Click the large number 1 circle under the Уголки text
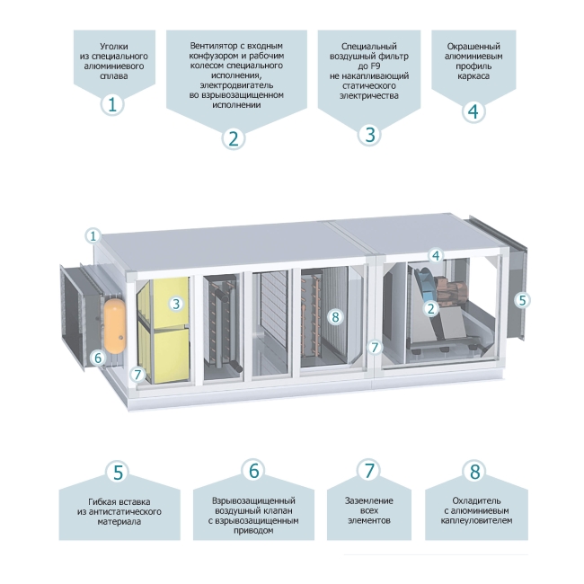pyautogui.click(x=112, y=104)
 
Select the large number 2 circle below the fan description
pyautogui.click(x=234, y=138)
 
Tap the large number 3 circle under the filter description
pyautogui.click(x=369, y=134)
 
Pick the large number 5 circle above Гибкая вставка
pyautogui.click(x=118, y=472)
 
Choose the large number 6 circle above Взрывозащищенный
pyautogui.click(x=253, y=470)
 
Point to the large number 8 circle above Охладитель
pyautogui.click(x=474, y=471)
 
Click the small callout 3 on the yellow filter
pyautogui.click(x=176, y=304)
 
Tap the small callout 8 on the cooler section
pyautogui.click(x=335, y=316)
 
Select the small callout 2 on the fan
pyautogui.click(x=431, y=308)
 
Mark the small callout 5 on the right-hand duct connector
pyautogui.click(x=522, y=300)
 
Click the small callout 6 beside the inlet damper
pyautogui.click(x=98, y=358)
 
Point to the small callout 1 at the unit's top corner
pyautogui.click(x=93, y=235)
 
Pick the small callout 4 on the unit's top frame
pyautogui.click(x=436, y=255)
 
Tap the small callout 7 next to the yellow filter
pyautogui.click(x=137, y=374)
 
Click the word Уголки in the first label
pyautogui.click(x=114, y=47)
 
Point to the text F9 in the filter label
pyautogui.click(x=376, y=66)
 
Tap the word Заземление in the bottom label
pyautogui.click(x=369, y=501)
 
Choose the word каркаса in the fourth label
pyautogui.click(x=473, y=76)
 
